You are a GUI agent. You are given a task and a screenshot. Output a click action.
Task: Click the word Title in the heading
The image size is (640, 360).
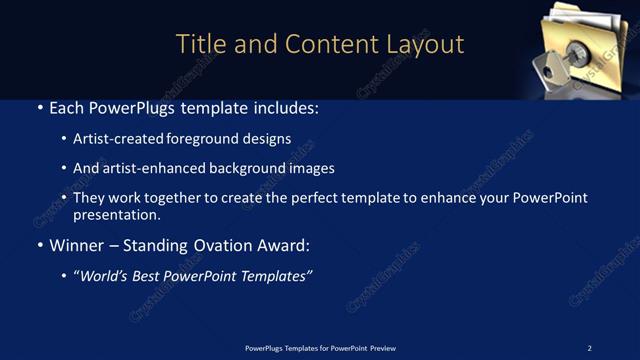198,44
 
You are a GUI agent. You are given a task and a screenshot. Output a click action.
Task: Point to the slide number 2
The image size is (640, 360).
589,348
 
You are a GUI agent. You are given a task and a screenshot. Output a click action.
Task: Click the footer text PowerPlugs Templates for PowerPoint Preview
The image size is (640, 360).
320,348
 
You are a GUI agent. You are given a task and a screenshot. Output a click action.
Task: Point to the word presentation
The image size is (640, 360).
115,214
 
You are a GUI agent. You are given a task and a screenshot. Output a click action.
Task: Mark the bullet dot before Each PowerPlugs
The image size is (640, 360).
40,106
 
